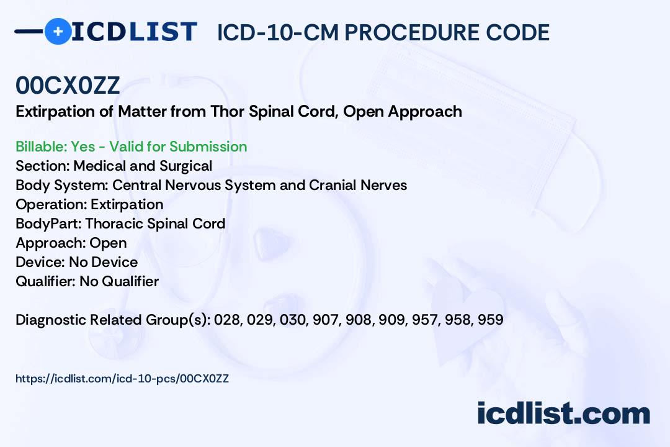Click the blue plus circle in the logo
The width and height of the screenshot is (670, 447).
point(58,31)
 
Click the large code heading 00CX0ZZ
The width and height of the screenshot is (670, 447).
point(68,86)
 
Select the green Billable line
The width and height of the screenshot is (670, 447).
point(131,147)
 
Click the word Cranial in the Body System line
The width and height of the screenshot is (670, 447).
point(333,185)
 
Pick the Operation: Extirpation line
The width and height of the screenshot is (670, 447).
point(89,205)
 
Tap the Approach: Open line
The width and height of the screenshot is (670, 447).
point(71,243)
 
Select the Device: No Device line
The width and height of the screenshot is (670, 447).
point(76,262)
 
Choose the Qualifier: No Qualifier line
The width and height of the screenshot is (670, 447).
point(87,281)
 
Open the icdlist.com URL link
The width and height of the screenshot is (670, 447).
point(122,379)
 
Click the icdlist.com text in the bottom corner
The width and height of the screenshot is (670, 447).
point(563,413)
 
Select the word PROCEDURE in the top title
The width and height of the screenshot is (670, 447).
point(412,32)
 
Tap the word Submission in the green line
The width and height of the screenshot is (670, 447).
point(208,147)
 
